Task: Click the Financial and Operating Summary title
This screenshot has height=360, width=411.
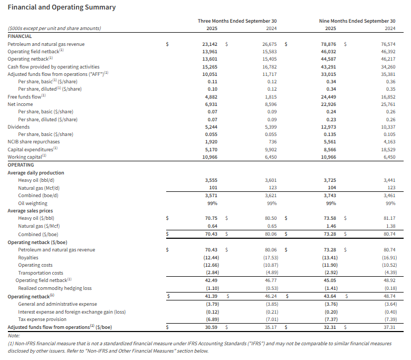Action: coord(62,7)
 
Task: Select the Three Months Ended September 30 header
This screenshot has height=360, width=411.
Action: coord(237,21)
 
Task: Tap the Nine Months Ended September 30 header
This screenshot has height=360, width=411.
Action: coord(357,21)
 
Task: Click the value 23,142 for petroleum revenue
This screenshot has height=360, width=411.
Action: coord(210,45)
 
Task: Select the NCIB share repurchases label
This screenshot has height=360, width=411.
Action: coord(33,142)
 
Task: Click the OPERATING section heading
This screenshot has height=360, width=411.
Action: coord(21,164)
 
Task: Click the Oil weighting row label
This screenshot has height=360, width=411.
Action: coord(33,203)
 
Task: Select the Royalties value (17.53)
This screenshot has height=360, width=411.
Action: coord(269,257)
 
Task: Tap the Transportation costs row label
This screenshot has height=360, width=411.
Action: coord(41,273)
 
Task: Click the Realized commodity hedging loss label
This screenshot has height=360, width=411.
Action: coord(54,288)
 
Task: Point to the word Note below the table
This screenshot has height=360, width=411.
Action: coord(13,335)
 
